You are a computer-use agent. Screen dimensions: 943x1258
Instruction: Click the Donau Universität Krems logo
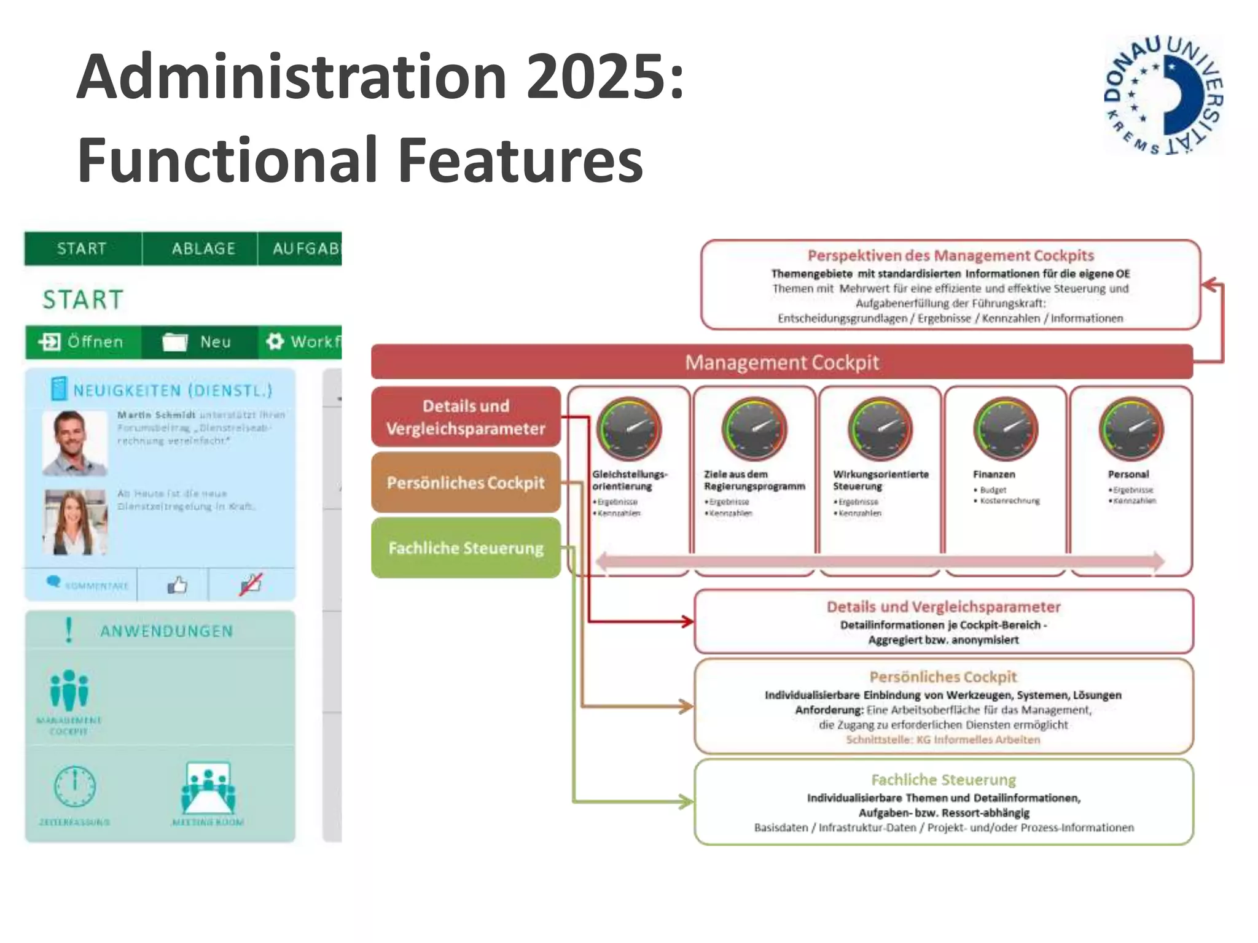tap(1163, 95)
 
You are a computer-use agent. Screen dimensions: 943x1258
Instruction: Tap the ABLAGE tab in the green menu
tap(203, 249)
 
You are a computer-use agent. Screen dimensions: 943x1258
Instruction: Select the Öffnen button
tap(82, 341)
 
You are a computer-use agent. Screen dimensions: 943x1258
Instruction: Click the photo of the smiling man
tap(74, 442)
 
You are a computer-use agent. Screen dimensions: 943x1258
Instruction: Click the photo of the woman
tap(74, 522)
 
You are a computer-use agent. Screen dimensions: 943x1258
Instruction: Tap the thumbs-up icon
tap(177, 584)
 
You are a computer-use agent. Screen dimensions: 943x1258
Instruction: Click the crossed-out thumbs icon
tap(251, 584)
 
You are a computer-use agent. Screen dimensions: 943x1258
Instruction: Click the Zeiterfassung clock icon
tap(75, 786)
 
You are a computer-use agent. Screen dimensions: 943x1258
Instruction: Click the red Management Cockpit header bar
tap(781, 362)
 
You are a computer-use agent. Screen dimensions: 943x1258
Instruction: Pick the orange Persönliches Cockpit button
tap(466, 483)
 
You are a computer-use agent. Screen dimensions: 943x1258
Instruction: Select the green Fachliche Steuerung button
tap(466, 548)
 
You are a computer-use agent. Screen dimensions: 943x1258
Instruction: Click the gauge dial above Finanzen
tap(1006, 428)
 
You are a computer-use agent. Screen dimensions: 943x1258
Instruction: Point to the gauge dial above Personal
tap(1131, 428)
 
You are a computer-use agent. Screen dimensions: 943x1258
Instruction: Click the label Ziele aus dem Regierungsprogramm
tap(754, 480)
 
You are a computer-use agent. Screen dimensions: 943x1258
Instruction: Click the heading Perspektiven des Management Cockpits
tap(950, 255)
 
